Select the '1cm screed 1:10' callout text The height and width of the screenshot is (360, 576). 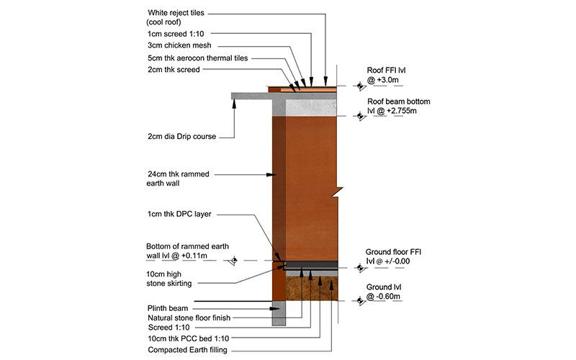point(176,33)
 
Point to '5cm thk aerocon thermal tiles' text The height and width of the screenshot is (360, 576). point(196,58)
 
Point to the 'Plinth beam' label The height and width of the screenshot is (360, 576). point(167,308)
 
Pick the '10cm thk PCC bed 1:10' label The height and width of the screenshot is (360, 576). point(188,339)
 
